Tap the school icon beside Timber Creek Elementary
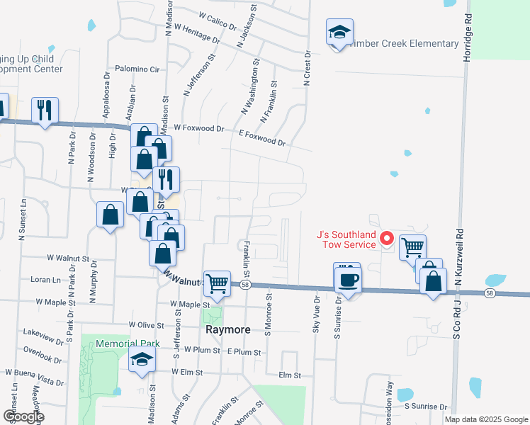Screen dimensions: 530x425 pyautogui.click(x=339, y=33)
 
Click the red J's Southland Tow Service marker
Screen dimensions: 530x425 pyautogui.click(x=387, y=238)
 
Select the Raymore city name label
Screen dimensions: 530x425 pyautogui.click(x=225, y=330)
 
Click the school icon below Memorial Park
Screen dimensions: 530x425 pyautogui.click(x=142, y=360)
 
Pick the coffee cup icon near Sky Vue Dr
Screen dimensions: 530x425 pyautogui.click(x=347, y=278)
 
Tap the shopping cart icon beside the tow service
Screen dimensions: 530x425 pyautogui.click(x=412, y=247)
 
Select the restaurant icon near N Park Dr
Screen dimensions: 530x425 pyautogui.click(x=45, y=110)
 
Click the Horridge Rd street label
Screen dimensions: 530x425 pyautogui.click(x=467, y=35)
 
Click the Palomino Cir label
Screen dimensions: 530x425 pyautogui.click(x=139, y=69)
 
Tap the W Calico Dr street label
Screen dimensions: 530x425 pyautogui.click(x=218, y=20)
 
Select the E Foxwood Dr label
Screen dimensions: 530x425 pyautogui.click(x=262, y=137)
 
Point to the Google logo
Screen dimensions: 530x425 pyautogui.click(x=23, y=416)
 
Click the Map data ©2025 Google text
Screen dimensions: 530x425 pyautogui.click(x=486, y=419)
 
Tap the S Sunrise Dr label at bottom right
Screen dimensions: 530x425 pyautogui.click(x=427, y=407)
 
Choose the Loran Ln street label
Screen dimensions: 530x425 pyautogui.click(x=45, y=280)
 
